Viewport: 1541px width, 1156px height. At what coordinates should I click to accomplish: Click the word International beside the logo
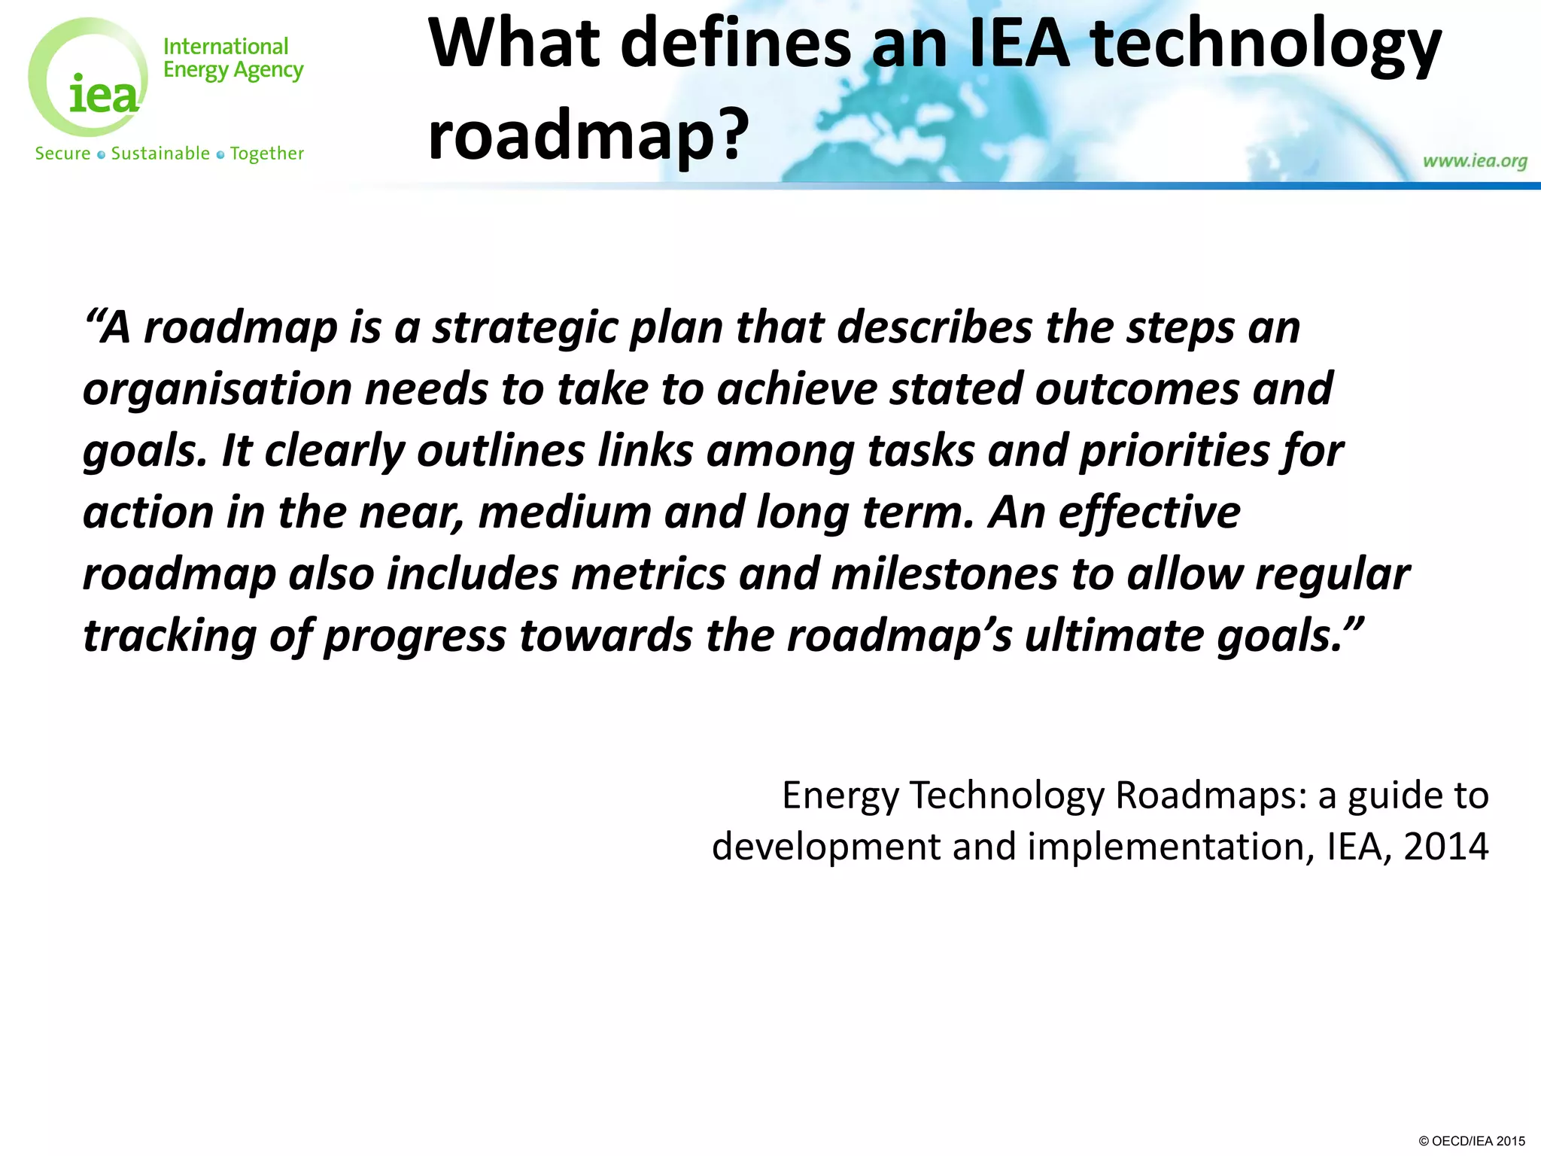(226, 47)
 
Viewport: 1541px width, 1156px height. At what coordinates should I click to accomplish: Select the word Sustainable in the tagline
(160, 154)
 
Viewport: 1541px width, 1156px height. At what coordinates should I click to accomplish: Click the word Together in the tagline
(267, 154)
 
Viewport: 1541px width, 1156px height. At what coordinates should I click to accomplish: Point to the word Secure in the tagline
(62, 154)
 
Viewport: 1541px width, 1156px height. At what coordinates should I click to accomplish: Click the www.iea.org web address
(1475, 161)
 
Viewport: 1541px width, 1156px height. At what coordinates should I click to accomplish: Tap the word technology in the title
(1266, 47)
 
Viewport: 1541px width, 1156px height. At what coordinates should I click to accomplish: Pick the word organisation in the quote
(217, 390)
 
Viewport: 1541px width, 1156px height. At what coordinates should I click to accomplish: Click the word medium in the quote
(565, 513)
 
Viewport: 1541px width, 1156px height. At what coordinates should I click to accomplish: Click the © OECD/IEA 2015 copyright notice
(1471, 1141)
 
